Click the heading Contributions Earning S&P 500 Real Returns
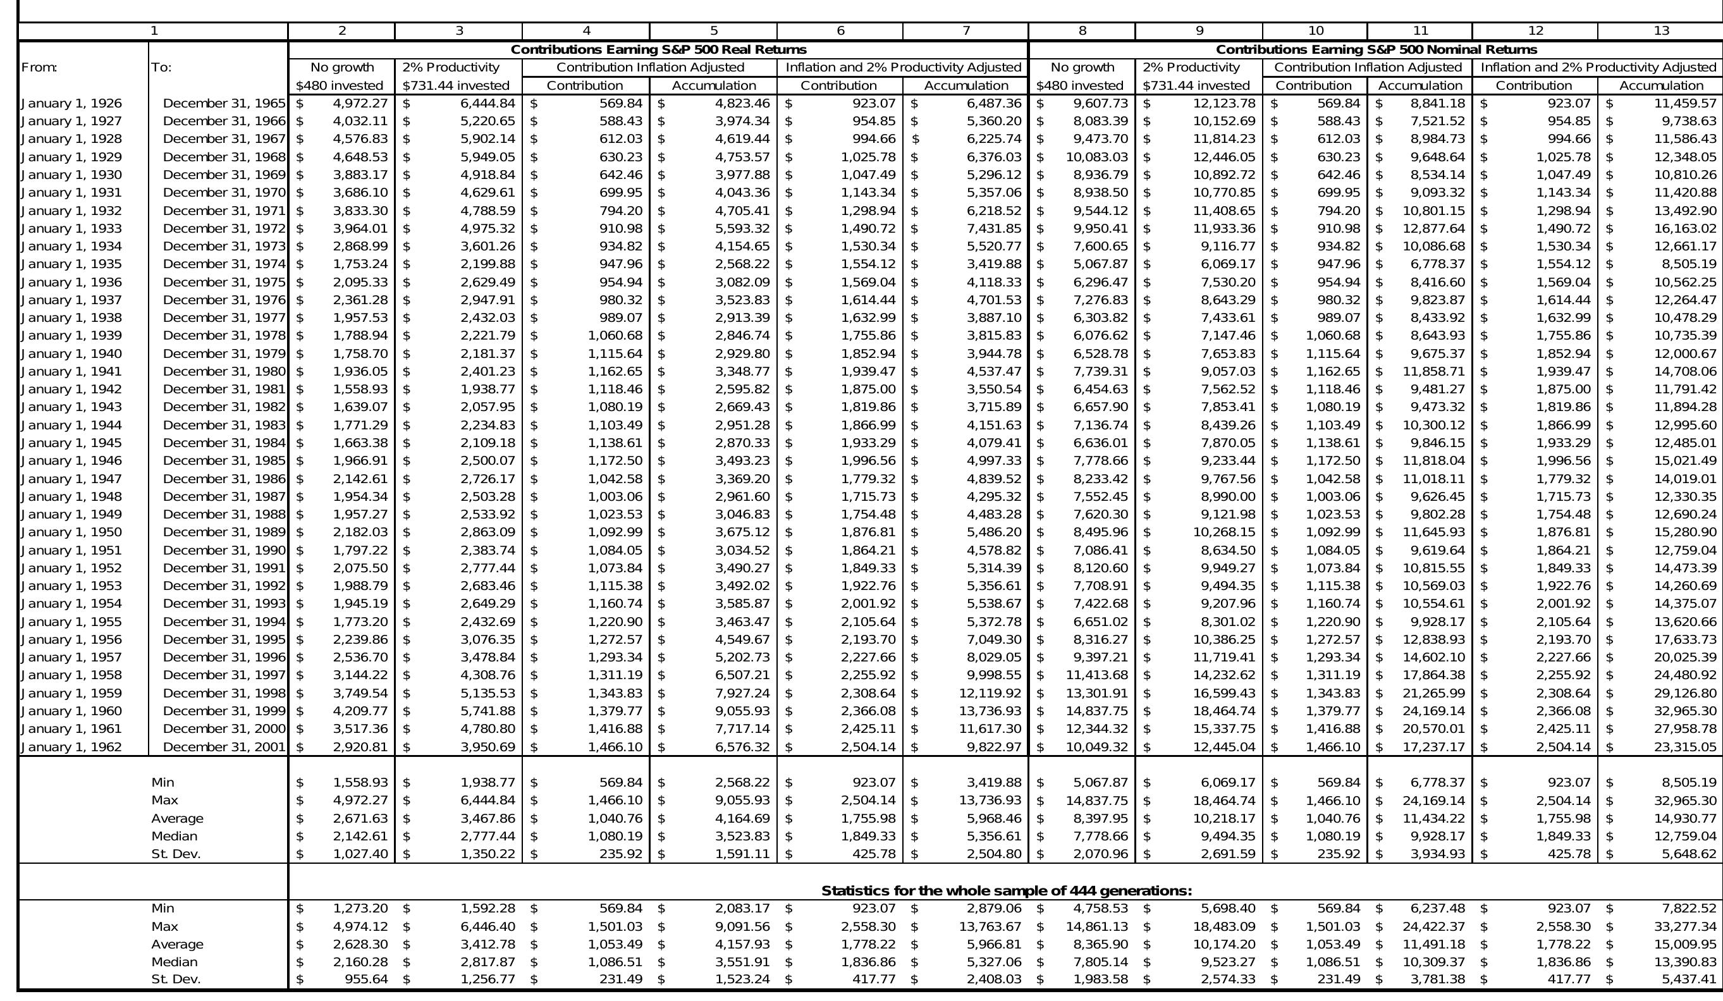658,50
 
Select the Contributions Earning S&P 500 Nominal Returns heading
1376,50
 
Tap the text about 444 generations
1006,891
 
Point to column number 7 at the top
966,31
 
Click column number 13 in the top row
1661,31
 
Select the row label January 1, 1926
72,104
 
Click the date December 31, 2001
224,747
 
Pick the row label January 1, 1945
72,443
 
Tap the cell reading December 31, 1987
224,497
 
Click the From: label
40,68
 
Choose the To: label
161,68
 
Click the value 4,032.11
360,121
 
